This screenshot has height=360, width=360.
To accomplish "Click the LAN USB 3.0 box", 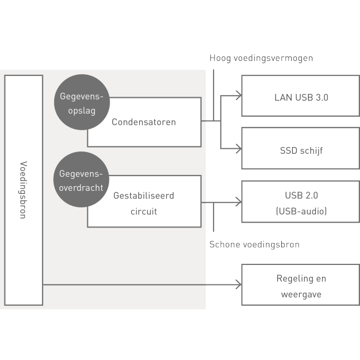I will coord(301,96).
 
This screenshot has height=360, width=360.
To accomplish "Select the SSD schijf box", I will coord(301,149).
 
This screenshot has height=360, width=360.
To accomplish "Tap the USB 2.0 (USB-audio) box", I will coord(301,202).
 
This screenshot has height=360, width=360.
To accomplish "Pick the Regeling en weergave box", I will coord(301,286).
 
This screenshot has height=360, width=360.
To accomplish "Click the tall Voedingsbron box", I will coord(23,190).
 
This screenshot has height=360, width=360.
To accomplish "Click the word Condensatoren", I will coord(144,122).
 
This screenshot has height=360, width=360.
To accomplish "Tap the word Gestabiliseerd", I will coord(144,196).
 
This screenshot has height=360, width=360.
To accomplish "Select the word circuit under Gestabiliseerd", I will coord(144,211).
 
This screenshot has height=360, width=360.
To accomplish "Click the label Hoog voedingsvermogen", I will coord(261,58).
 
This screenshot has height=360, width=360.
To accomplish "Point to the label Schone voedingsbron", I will coord(254,244).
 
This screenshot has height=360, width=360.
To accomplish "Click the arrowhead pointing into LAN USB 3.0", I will coord(238,96).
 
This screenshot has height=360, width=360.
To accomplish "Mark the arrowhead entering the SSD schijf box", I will coord(238,149).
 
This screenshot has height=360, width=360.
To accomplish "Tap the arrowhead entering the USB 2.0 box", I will coord(238,202).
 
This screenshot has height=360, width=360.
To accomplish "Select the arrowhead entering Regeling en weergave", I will coord(238,285).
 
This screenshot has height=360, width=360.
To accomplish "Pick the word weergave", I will coord(301,294).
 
